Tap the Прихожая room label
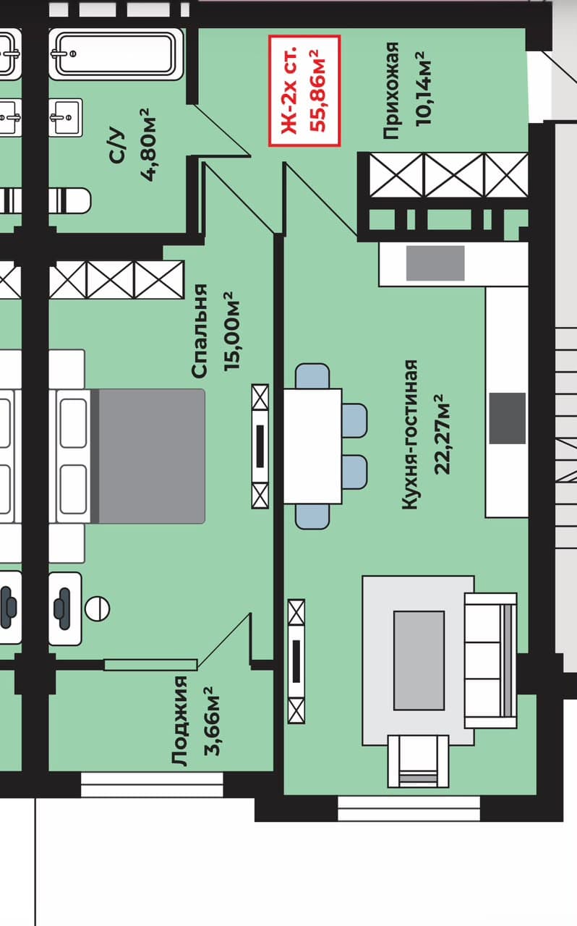coord(390,90)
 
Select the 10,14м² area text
coord(423,89)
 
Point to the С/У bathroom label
coord(116,145)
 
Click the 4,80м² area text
coord(148,145)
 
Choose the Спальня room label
coord(200,331)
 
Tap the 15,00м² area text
coord(231,331)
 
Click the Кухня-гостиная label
coord(410,435)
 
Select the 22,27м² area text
coord(442,434)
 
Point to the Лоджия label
coord(180,721)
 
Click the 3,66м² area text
coord(212,721)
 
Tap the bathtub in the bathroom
coord(116,54)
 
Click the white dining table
coord(312,446)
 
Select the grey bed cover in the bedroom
coord(152,456)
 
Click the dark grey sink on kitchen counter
coord(507,418)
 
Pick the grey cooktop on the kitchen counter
coord(435,263)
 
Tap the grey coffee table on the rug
coord(419,660)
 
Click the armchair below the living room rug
coord(418,761)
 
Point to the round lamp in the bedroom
coord(97,608)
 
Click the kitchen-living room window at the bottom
coord(409,808)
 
